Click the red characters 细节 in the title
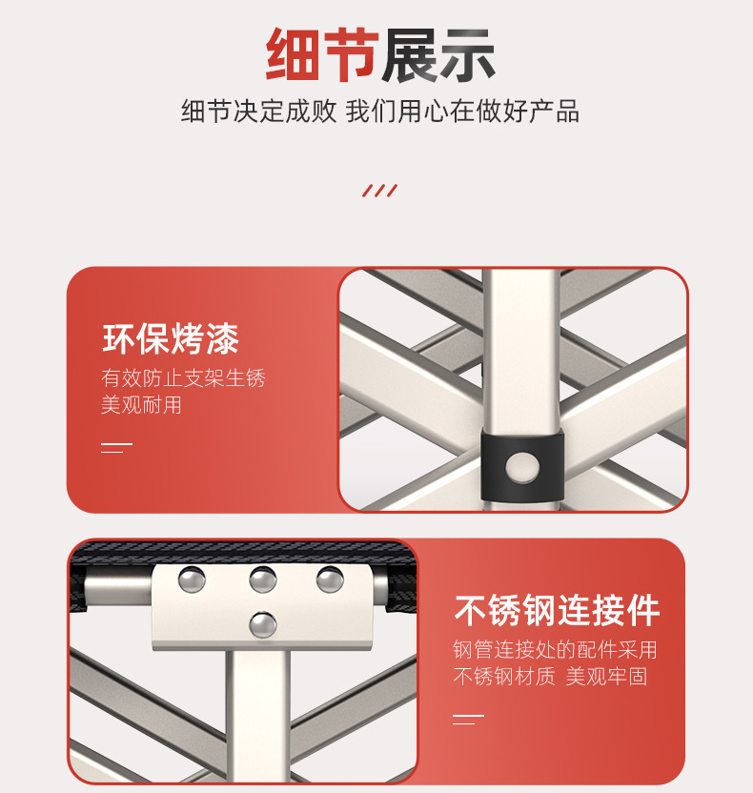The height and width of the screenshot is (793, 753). click(322, 54)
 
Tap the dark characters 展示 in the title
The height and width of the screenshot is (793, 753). click(438, 54)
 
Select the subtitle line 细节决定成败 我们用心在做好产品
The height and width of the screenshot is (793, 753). click(380, 112)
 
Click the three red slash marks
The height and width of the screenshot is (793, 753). click(379, 191)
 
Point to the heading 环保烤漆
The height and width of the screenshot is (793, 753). click(171, 338)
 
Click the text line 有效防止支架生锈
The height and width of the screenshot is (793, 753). click(183, 377)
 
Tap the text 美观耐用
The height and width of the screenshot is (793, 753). click(141, 404)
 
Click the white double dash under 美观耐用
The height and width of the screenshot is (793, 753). click(116, 448)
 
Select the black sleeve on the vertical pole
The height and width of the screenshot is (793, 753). click(522, 465)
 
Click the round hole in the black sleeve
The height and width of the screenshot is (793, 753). click(522, 467)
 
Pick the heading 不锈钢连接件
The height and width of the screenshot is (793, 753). click(557, 610)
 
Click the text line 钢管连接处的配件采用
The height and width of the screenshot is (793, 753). click(555, 650)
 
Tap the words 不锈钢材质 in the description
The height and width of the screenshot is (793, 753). click(503, 676)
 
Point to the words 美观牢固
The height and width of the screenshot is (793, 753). click(606, 676)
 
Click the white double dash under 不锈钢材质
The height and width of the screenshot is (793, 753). click(468, 720)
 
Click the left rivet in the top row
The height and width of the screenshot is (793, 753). click(192, 579)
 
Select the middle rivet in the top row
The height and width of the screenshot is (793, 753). click(263, 579)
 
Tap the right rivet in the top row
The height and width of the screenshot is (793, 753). click(330, 579)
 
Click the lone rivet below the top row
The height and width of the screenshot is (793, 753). click(263, 624)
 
